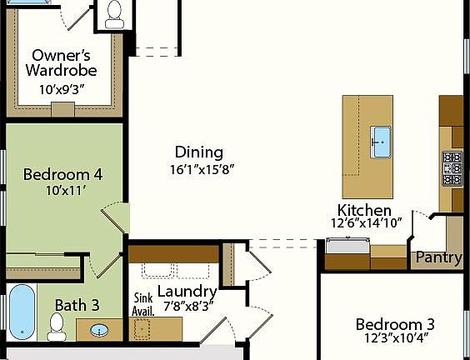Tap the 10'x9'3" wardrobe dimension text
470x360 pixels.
coord(61,87)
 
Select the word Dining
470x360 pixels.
coord(198,152)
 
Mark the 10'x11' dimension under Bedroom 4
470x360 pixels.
coord(62,190)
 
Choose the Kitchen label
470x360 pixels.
coord(364,209)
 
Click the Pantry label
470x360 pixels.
coord(438,257)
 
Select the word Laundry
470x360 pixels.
coord(187,292)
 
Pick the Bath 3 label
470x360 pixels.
coord(77,305)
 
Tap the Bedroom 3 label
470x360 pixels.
coord(395,324)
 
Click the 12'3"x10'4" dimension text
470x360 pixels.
coord(395,339)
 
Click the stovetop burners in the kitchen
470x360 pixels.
coord(452,167)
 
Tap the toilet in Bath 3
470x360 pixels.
coord(57,327)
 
